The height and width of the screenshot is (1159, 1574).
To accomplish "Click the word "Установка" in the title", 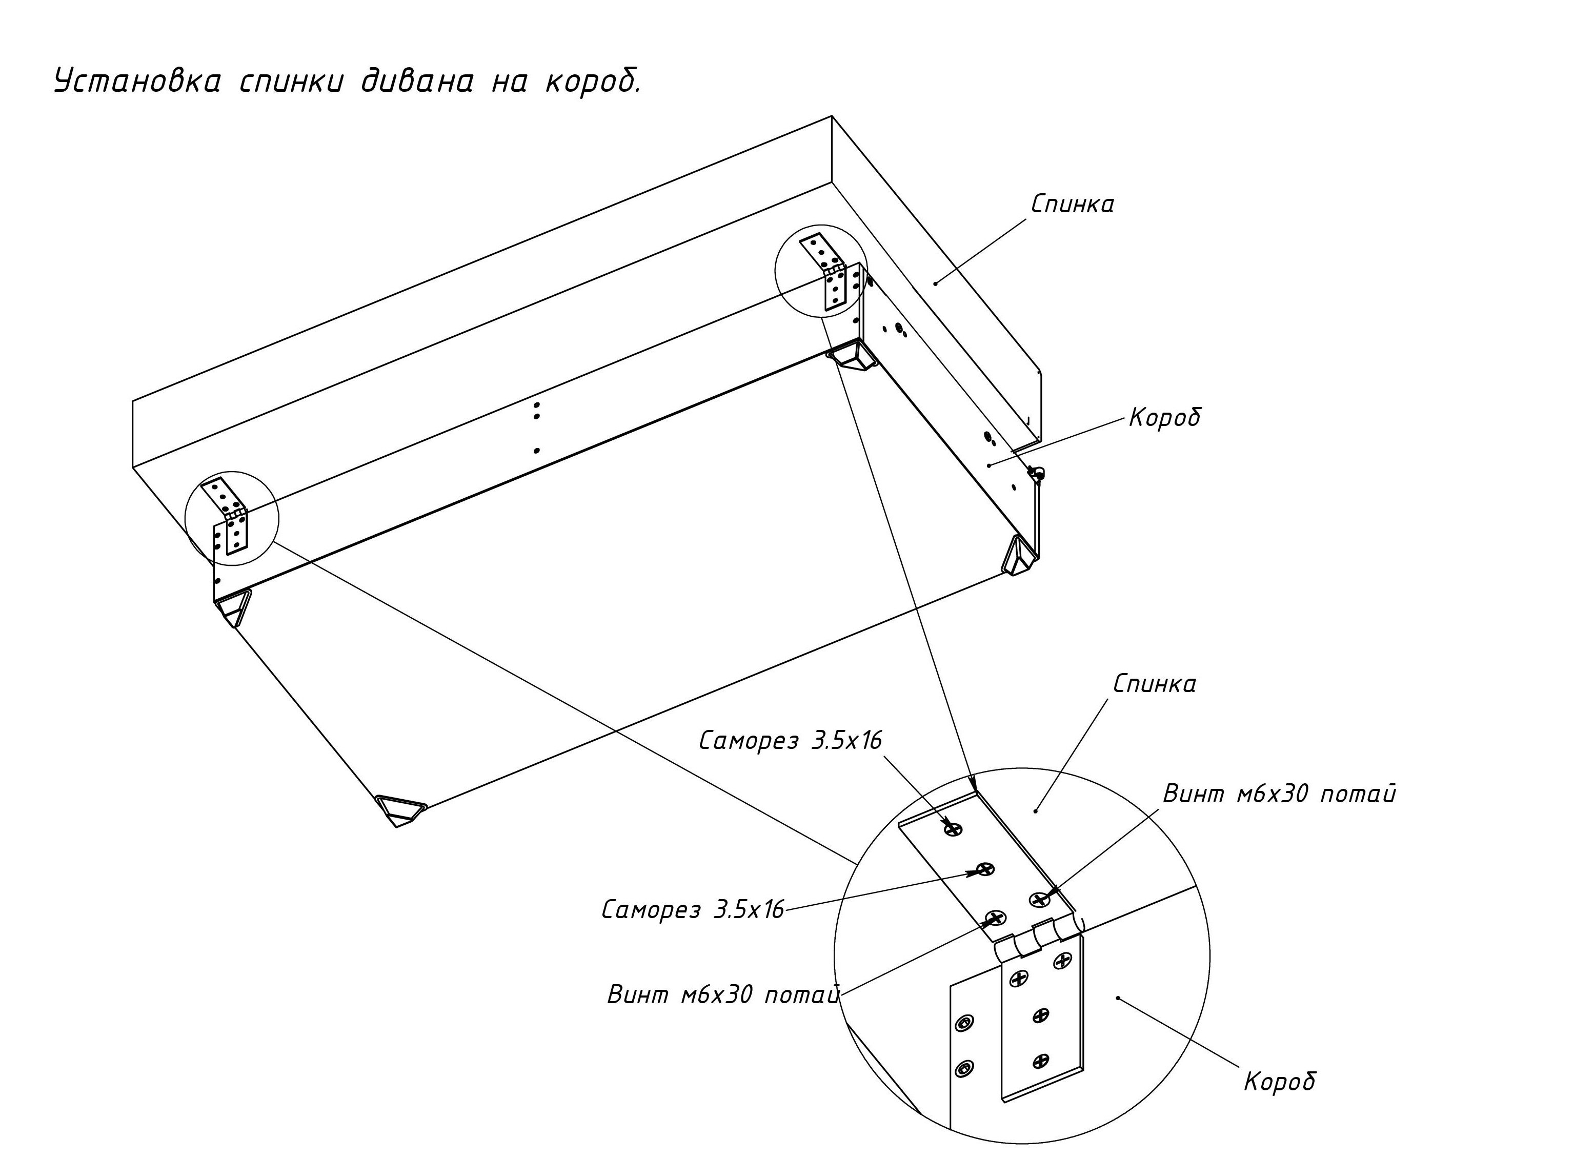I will (x=137, y=82).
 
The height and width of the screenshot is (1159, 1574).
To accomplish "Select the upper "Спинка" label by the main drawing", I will (x=1072, y=204).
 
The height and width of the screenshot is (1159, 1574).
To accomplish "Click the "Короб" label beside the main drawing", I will (x=1165, y=417).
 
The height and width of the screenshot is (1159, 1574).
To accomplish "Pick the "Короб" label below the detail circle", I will (x=1279, y=1081).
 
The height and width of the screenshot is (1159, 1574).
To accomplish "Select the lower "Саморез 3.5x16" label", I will (x=693, y=910).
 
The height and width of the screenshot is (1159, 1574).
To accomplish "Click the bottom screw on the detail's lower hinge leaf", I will (x=1041, y=1060).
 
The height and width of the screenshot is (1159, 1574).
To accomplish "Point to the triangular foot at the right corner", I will (x=1019, y=556).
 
